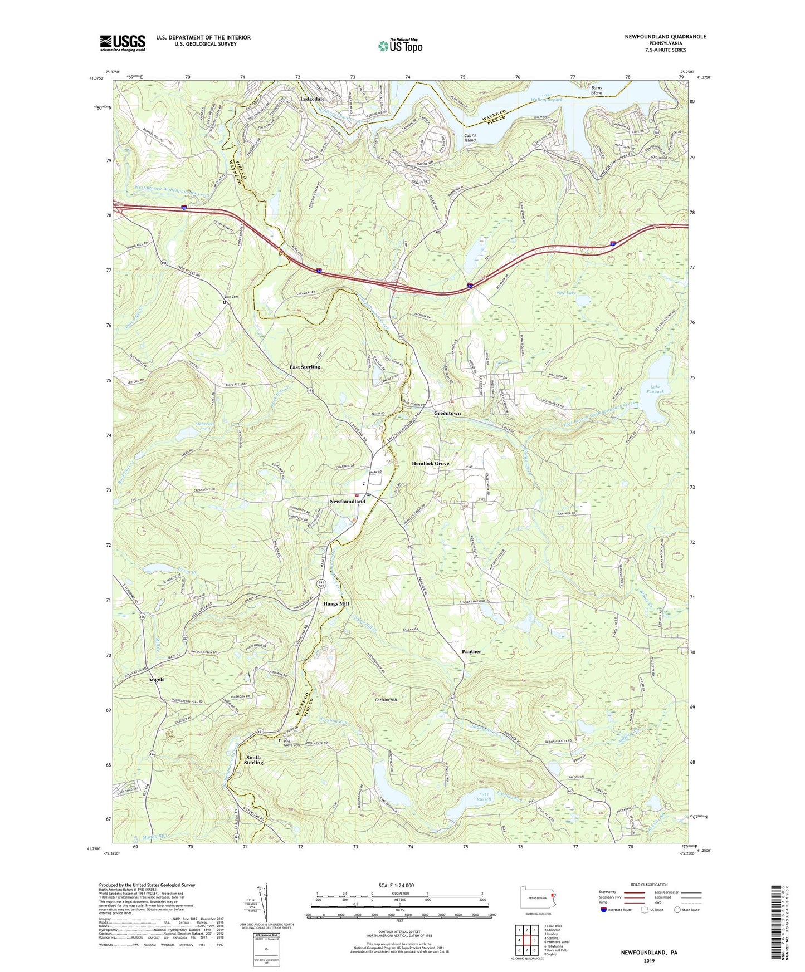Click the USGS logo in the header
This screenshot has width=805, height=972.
pos(123,42)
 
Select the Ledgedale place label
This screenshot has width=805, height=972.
pos(313,99)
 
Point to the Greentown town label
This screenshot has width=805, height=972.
pos(447,414)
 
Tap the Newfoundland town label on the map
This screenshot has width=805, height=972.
pos(347,502)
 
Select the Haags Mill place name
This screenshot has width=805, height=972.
pos(336,603)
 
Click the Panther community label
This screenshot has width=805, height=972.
pos(471,651)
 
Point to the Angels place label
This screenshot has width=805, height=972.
pos(156,680)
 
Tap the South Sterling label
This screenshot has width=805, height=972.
pos(253,760)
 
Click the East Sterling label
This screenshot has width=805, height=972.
pos(305,367)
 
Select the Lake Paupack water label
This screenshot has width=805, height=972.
pos(657,389)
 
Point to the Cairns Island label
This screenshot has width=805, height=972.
pos(470,138)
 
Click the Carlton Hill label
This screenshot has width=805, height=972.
pos(386,700)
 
